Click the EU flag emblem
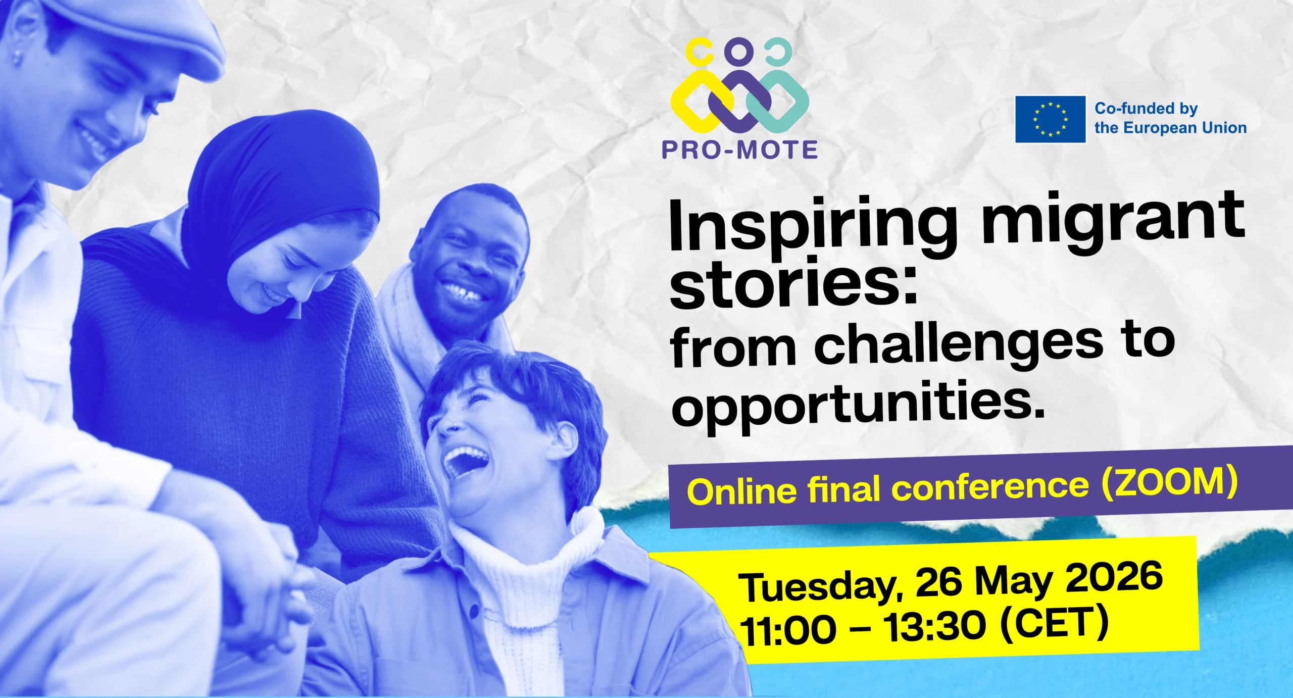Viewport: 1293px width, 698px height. pos(1051,119)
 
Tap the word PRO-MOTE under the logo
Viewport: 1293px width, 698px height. pos(740,150)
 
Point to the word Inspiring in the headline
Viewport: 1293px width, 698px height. pos(813,227)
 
